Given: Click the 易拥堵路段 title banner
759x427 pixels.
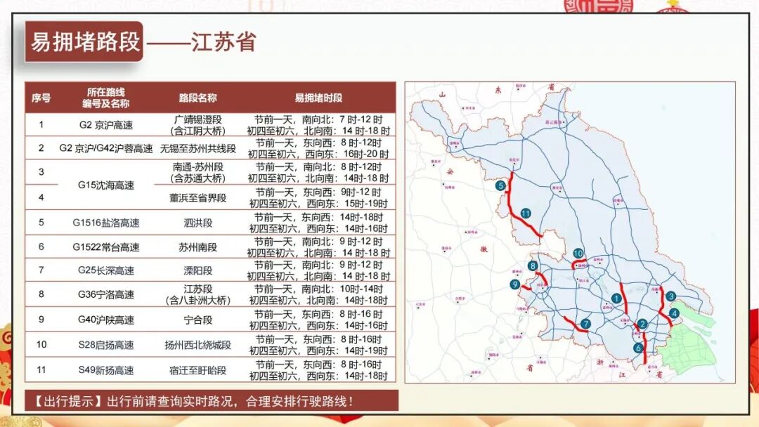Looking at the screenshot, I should click(x=85, y=41).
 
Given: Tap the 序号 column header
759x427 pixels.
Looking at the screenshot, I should click(x=41, y=98).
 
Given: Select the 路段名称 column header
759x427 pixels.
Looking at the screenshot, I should click(x=198, y=98).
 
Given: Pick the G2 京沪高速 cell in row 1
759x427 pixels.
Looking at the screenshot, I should click(x=106, y=125).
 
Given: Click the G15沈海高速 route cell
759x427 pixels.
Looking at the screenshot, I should click(x=106, y=185).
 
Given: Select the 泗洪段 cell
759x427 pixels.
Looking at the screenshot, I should click(x=198, y=223).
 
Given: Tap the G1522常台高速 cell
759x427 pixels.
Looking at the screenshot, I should click(x=106, y=247).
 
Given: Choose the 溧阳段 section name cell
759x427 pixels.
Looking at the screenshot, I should click(x=198, y=270).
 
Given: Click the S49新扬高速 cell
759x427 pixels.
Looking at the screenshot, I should click(x=106, y=370).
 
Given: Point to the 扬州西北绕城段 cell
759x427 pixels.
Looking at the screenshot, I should click(x=198, y=345).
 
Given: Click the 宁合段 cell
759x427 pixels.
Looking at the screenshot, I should click(x=198, y=320).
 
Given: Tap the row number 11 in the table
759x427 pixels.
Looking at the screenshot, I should click(x=41, y=370).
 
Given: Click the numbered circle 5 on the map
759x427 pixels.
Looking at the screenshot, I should click(x=500, y=186).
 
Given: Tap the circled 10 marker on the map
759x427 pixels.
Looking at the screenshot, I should click(x=578, y=254).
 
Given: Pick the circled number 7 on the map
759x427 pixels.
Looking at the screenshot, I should click(x=585, y=324).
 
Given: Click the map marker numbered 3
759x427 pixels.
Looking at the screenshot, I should click(x=672, y=296).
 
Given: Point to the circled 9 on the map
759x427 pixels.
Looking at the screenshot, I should click(x=515, y=284).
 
